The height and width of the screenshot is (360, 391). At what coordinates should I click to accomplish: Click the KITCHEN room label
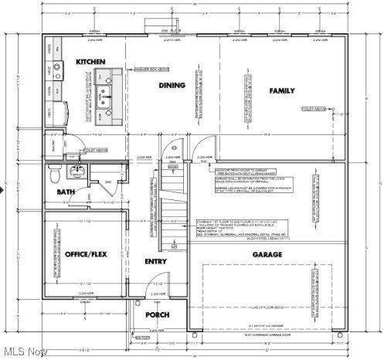click(x=90, y=61)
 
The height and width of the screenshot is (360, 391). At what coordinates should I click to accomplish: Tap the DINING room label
click(x=172, y=85)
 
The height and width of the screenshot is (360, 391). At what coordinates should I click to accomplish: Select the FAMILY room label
click(x=281, y=90)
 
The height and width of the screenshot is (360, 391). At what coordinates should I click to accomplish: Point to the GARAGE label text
click(x=267, y=254)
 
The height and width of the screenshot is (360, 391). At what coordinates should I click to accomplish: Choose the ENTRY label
click(x=155, y=261)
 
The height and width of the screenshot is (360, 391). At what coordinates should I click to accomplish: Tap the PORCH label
click(x=158, y=315)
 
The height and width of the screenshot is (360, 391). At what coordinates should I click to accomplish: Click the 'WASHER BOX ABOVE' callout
click(x=152, y=70)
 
